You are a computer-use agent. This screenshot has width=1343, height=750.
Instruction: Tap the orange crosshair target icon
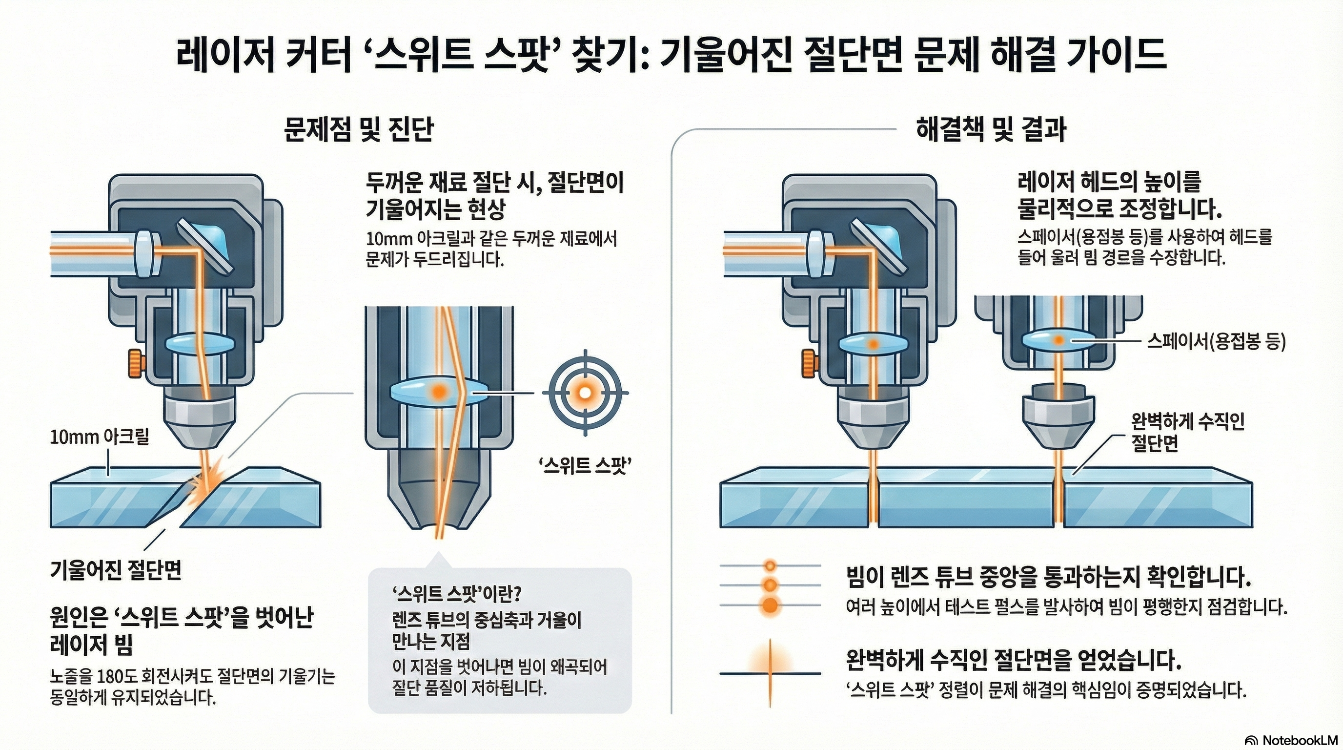(585, 392)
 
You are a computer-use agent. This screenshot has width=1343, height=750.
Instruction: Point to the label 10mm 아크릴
(99, 437)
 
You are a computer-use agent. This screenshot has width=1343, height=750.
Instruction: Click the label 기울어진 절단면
(116, 571)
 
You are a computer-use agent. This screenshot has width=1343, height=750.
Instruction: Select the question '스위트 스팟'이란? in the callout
(457, 594)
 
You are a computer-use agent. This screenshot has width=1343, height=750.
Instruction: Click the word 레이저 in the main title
(225, 56)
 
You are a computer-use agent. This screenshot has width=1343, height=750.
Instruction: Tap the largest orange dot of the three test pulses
(770, 605)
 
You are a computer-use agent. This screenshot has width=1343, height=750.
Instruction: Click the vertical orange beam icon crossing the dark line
(770, 673)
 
